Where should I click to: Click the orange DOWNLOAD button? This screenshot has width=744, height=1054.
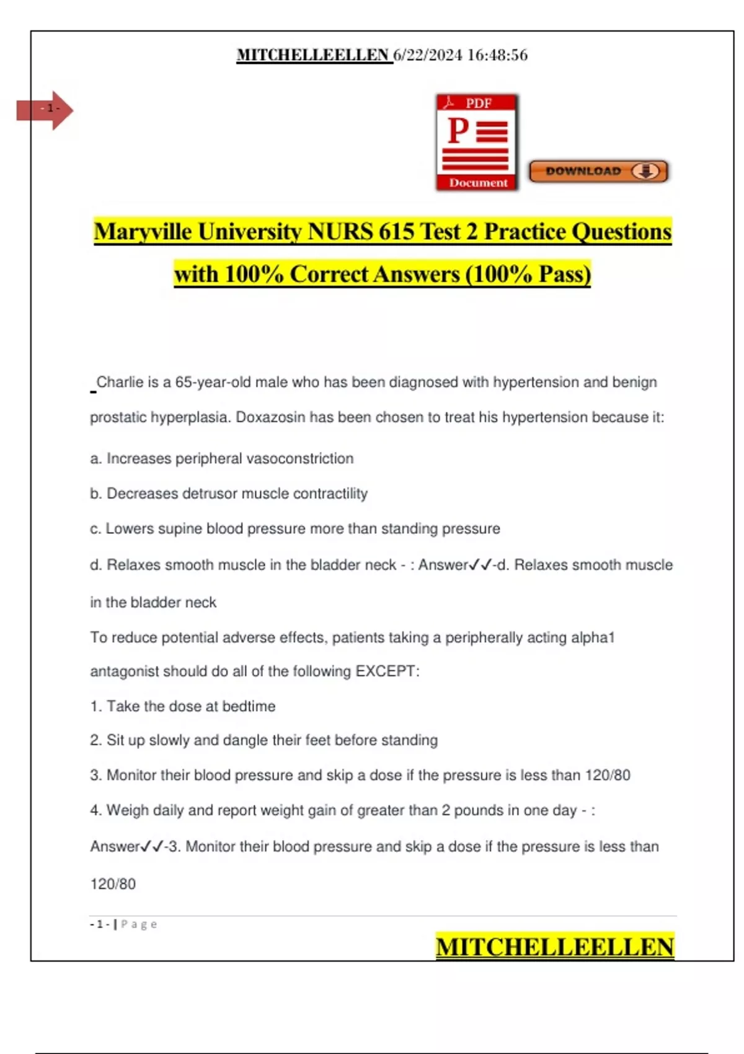point(598,172)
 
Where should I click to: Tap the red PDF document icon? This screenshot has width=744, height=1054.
point(477,142)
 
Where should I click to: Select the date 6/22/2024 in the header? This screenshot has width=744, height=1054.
point(428,55)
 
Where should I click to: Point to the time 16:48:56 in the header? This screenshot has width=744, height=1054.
point(497,55)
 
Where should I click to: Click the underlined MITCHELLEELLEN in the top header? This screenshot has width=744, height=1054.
point(313,55)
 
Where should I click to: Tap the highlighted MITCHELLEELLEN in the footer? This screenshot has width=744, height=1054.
point(554,947)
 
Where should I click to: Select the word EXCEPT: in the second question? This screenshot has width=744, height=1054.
point(387,671)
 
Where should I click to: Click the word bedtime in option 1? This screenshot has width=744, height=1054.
point(249,706)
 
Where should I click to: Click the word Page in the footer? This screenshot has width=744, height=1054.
point(139,924)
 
